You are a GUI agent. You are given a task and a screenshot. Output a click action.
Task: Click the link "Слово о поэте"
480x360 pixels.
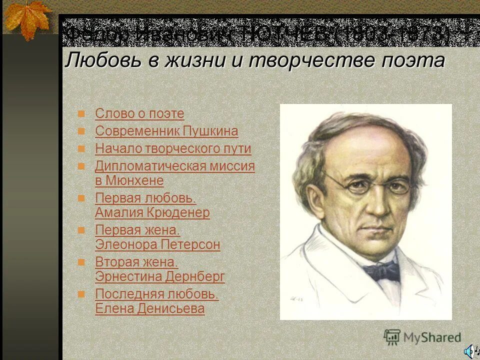(x=139, y=114)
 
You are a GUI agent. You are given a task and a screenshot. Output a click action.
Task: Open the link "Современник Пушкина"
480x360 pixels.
(x=166, y=131)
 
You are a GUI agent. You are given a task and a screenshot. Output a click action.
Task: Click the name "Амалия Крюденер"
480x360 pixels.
(x=152, y=212)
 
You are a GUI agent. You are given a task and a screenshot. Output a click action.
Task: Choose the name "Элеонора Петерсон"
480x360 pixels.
(x=157, y=245)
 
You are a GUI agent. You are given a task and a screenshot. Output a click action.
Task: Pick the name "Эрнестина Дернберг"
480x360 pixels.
(x=160, y=276)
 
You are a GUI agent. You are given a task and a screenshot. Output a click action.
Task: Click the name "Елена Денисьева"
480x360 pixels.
(x=150, y=309)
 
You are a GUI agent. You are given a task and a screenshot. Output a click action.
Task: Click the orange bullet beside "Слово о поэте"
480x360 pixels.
(x=81, y=114)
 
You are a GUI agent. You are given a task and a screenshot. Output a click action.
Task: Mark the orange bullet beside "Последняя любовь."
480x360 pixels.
(x=81, y=294)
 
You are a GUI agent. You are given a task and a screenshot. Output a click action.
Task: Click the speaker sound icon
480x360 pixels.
(x=470, y=351)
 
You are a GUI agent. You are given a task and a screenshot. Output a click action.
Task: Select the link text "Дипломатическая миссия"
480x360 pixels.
(x=175, y=166)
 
